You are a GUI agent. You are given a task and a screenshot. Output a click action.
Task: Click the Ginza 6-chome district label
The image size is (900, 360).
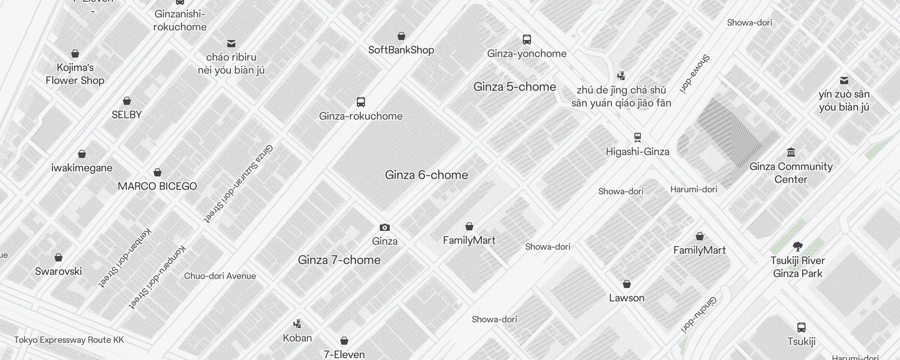click(426, 175)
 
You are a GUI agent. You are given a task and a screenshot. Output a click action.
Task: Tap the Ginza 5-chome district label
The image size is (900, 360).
click(514, 87)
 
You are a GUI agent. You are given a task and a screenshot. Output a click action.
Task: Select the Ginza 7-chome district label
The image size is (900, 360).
click(339, 260)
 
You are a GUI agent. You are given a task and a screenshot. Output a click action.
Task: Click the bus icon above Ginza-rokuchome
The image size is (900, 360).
click(361, 102)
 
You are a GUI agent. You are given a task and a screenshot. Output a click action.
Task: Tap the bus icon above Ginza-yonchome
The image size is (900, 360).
click(527, 40)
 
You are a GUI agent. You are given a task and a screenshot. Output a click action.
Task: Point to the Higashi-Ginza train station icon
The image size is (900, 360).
click(637, 137)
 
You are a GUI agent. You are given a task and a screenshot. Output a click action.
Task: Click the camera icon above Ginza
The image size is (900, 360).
click(385, 227)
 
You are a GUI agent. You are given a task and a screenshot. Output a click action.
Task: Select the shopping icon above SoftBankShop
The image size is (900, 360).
click(401, 36)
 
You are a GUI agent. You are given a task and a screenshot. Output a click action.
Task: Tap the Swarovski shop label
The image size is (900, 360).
click(58, 271)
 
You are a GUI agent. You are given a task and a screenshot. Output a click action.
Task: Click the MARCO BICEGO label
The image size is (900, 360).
click(157, 186)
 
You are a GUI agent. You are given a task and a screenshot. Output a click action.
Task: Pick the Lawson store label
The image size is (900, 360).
click(626, 298)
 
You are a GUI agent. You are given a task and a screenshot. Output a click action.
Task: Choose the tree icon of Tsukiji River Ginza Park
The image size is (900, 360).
click(798, 247)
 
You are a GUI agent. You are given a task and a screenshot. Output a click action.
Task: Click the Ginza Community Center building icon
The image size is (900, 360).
click(791, 152)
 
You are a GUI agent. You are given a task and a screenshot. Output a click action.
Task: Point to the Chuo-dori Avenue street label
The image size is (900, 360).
click(220, 276)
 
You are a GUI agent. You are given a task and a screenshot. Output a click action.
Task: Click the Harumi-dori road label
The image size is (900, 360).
click(693, 189)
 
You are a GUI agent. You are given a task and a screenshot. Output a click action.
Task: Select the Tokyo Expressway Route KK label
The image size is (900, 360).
click(69, 340)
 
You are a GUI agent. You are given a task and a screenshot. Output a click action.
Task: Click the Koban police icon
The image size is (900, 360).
click(297, 324)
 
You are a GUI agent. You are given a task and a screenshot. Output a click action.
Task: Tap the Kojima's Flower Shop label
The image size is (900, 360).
click(75, 74)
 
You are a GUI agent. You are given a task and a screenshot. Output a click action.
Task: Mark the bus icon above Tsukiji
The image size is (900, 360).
click(801, 328)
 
